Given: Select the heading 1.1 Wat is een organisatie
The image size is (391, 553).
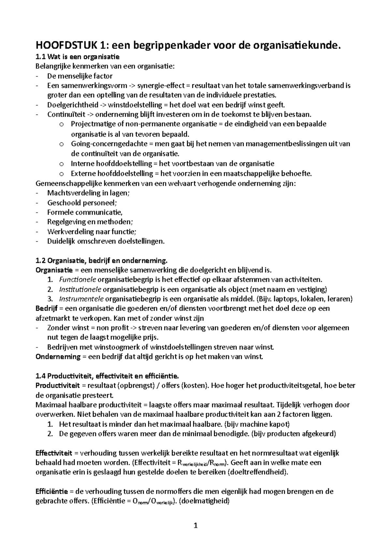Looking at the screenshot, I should (78, 57).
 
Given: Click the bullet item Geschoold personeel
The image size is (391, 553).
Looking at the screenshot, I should (82, 203).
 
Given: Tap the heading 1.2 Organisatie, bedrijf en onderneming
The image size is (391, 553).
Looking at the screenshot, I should (101, 261).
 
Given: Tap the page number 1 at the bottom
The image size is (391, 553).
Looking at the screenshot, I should (195, 525).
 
